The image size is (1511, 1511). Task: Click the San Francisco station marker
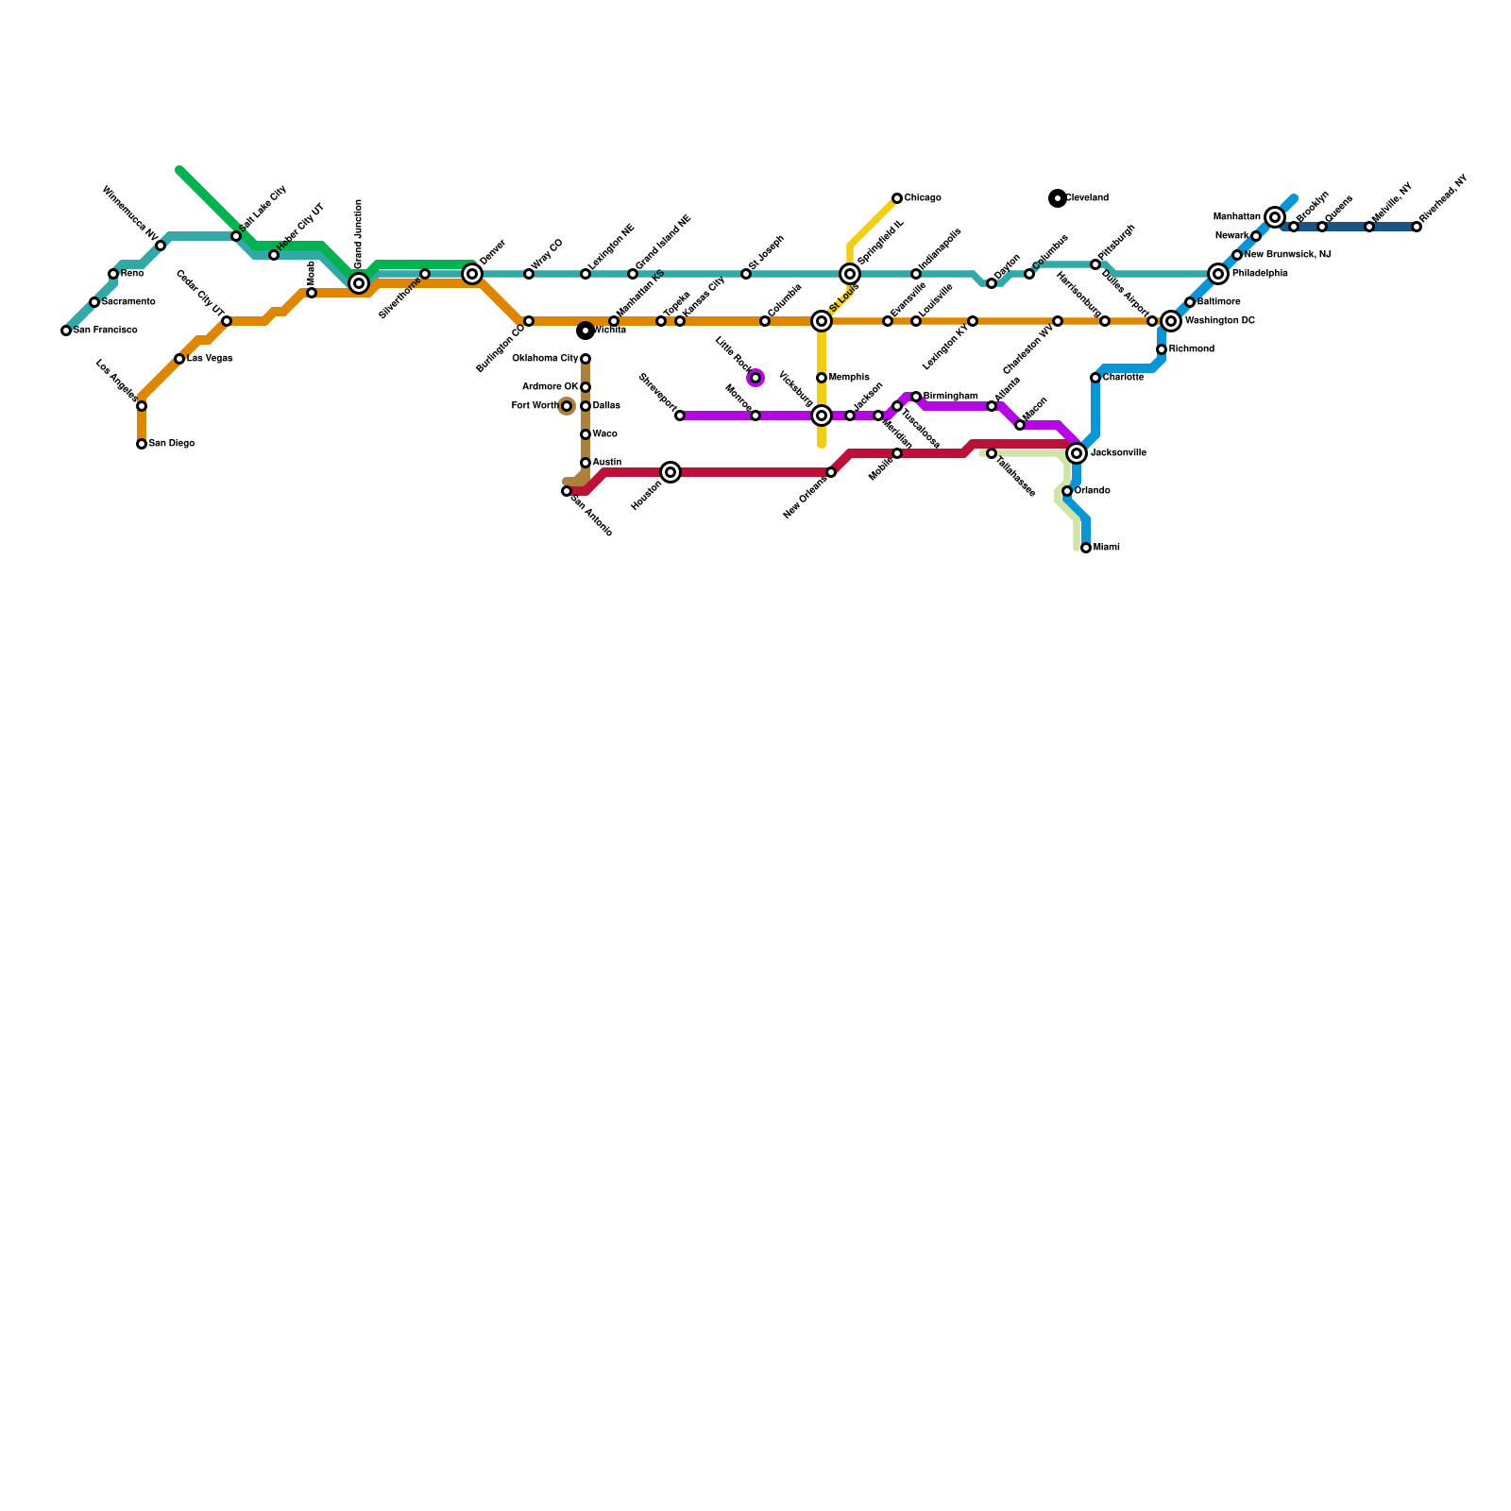[x=66, y=331]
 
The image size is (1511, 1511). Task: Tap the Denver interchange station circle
[x=472, y=274]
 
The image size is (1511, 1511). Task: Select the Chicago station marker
[x=897, y=198]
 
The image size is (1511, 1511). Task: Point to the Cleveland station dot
[x=1058, y=198]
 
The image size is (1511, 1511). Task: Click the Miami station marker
[x=1086, y=548]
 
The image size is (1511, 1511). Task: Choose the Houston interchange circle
[x=671, y=472]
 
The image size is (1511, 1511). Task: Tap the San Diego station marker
[x=142, y=444]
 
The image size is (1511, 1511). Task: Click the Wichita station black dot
[x=586, y=331]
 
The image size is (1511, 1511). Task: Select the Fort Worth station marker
[x=567, y=406]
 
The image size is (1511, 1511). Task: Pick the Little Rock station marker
[x=755, y=378]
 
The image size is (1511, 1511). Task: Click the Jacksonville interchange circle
[x=1077, y=453]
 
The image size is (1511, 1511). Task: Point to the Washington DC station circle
[x=1171, y=321]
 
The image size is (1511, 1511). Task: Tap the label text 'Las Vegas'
[x=210, y=359]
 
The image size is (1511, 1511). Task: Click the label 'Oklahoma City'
[x=545, y=359]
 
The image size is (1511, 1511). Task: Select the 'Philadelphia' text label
[x=1260, y=274]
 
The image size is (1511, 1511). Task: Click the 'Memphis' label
[x=849, y=378]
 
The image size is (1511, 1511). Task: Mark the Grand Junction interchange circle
[x=359, y=283]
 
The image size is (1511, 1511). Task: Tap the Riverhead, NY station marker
[x=1417, y=227]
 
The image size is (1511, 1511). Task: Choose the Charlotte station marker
[x=1095, y=378]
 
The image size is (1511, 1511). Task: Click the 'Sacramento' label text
[x=128, y=302]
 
